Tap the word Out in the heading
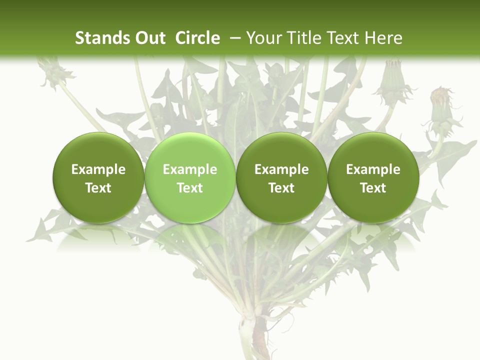[x=148, y=38]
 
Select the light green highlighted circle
[x=190, y=177]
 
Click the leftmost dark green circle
[x=98, y=177]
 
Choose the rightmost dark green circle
[x=373, y=177]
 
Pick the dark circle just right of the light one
[x=281, y=177]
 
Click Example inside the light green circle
[x=190, y=169]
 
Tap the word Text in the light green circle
[x=190, y=188]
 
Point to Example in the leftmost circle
[x=98, y=169]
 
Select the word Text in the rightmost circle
[x=373, y=188]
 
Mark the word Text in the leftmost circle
[x=98, y=188]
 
